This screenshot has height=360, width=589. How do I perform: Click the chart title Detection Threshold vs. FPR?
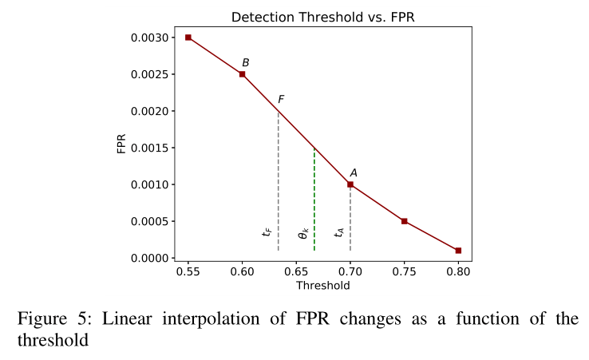point(322,17)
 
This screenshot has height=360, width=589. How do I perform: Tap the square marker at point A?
point(350,184)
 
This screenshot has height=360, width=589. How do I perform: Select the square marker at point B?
point(242,74)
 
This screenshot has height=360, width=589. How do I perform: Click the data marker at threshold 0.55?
point(188,38)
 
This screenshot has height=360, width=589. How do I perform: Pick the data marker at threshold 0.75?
point(405,221)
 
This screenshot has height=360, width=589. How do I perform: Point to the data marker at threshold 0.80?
point(458,251)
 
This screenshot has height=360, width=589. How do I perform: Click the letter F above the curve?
point(281,100)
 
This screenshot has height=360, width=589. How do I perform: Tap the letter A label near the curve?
point(354,172)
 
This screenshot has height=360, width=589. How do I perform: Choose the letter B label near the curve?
point(246,62)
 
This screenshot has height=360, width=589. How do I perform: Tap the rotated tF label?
point(267,232)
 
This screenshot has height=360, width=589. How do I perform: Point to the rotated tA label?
point(339,232)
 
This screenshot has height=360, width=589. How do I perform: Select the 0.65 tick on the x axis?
point(296,271)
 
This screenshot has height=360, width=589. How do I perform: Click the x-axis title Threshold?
point(322,284)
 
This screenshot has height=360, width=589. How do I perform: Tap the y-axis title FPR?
point(121,144)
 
